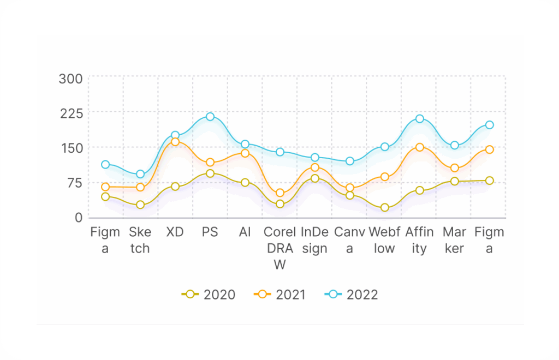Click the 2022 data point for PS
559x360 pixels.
pos(210,117)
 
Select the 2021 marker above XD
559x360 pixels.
pos(175,142)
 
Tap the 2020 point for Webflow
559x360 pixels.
pos(385,208)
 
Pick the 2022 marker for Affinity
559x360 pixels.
pos(420,118)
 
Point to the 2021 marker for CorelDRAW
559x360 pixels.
pos(280,193)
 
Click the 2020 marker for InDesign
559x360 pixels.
pos(315,178)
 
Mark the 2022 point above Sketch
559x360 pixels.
pos(140,174)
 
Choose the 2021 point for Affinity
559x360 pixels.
pos(420,147)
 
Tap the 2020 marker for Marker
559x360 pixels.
pos(455,181)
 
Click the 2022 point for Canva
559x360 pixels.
pos(350,161)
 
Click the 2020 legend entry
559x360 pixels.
pos(209,295)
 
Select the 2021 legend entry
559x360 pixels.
pos(281,295)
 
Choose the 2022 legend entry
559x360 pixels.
pos(352,295)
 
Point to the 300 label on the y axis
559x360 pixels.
pos(71,79)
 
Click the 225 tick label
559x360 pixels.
pos(71,113)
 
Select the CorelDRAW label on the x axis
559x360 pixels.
pos(280,248)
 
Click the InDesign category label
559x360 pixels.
pos(315,240)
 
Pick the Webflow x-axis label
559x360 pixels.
pos(385,240)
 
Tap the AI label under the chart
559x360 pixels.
pos(245,232)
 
